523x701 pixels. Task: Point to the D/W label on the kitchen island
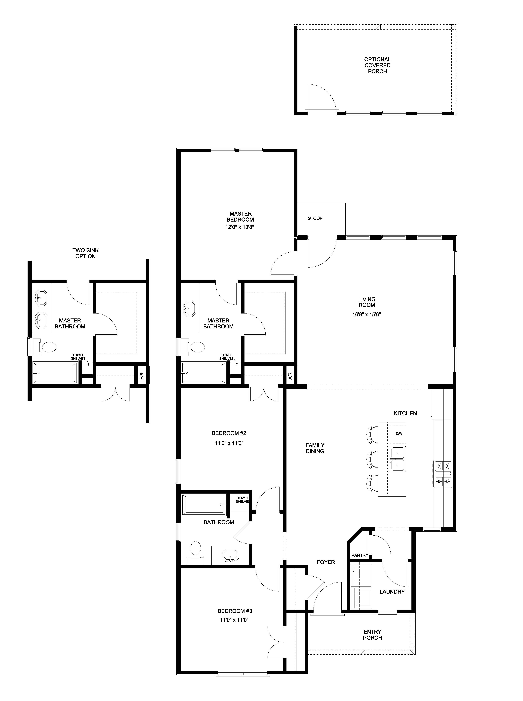coord(399,434)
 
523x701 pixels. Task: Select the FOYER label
coord(326,562)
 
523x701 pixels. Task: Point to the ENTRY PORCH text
coord(372,635)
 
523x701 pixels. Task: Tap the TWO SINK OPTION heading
coord(85,253)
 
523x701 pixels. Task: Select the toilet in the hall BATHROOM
coord(196,548)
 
